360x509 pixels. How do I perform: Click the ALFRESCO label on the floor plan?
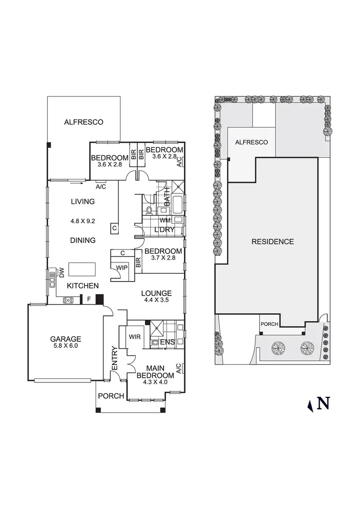[x=84, y=122]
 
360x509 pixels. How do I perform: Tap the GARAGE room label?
[x=66, y=338]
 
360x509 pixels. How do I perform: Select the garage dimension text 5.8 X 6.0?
[x=66, y=345]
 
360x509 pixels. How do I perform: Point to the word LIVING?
[x=83, y=201]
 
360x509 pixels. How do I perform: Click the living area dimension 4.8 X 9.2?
[x=83, y=222]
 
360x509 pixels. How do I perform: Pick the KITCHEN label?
[x=83, y=286]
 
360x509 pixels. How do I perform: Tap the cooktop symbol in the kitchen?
[x=69, y=301]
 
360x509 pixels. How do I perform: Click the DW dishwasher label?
[x=62, y=273]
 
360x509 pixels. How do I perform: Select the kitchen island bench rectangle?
[x=83, y=269]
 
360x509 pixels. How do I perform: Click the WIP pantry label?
[x=122, y=268]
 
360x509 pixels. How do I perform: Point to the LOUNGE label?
[x=156, y=294]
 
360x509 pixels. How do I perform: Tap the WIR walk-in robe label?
[x=134, y=337]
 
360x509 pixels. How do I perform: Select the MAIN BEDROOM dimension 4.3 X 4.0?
[x=155, y=382]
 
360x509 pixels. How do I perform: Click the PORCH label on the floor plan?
[x=111, y=396]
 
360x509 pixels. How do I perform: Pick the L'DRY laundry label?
[x=164, y=230]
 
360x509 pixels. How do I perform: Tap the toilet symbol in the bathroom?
[x=149, y=210]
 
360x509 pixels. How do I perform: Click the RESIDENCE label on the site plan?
[x=273, y=242]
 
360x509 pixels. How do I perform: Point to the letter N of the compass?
[x=324, y=403]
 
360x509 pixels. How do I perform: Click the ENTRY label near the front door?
[x=115, y=358]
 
